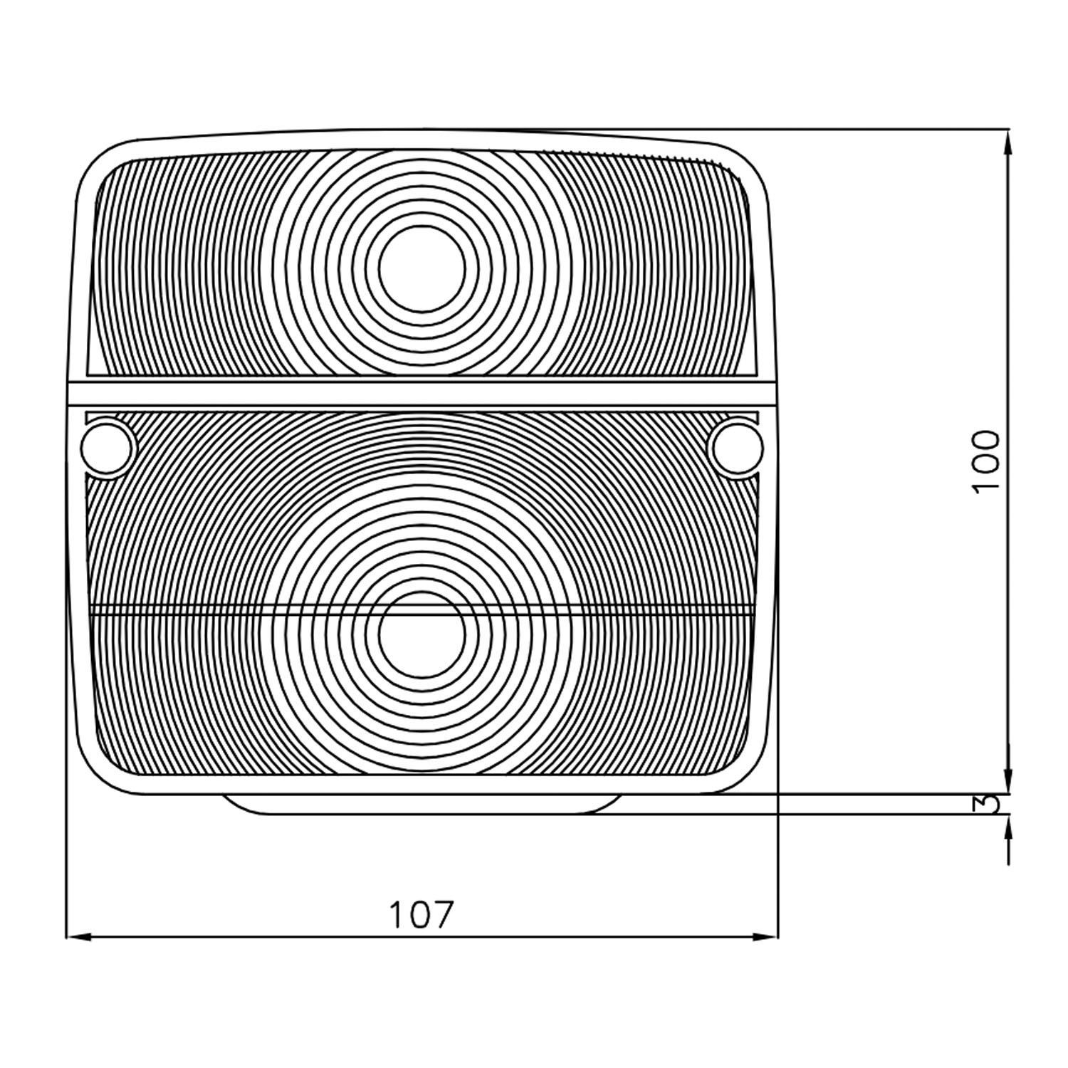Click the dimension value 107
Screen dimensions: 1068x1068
point(420,915)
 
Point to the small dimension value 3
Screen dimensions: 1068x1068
point(987,803)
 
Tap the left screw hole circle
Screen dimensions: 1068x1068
point(108,448)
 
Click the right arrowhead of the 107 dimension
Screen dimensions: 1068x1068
point(765,938)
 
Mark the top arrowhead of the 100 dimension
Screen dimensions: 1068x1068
point(1008,142)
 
